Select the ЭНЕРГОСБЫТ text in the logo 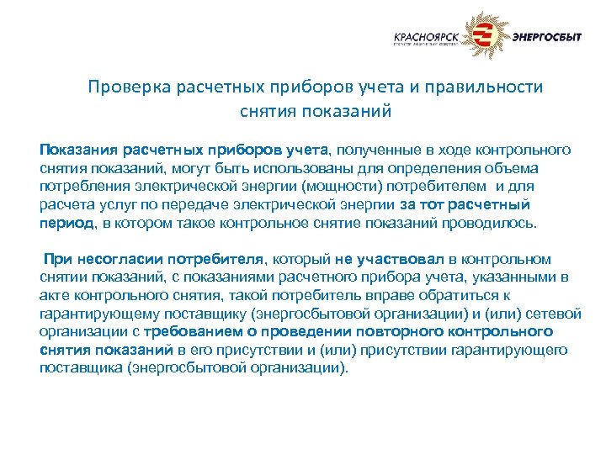coord(547,37)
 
